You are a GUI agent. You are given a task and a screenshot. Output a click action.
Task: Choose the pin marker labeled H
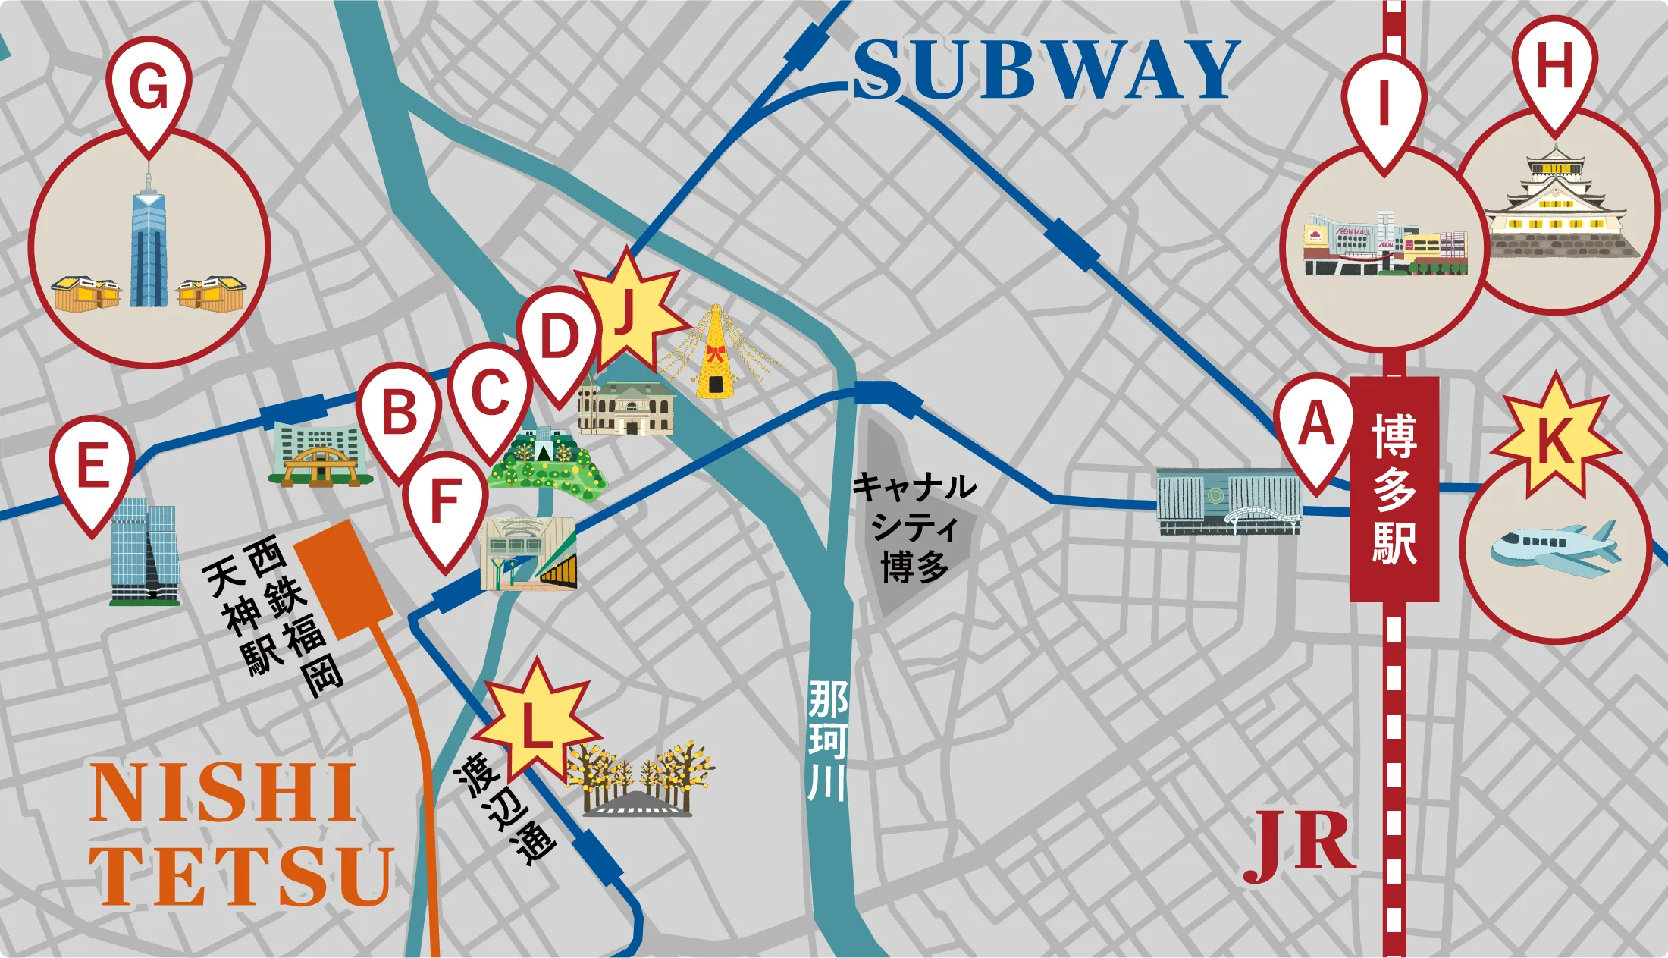point(1554,68)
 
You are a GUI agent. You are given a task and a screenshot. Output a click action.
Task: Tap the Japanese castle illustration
point(1558,205)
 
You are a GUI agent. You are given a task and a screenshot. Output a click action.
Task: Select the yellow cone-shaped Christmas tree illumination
point(715,353)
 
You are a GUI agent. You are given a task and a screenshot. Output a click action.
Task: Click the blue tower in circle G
point(149,243)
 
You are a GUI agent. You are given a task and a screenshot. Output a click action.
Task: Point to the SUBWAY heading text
point(1046,70)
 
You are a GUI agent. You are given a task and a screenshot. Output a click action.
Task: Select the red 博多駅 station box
point(1394,489)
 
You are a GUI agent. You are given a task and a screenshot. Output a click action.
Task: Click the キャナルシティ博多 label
point(914,527)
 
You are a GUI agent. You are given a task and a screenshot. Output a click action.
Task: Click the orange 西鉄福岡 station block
point(343,580)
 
